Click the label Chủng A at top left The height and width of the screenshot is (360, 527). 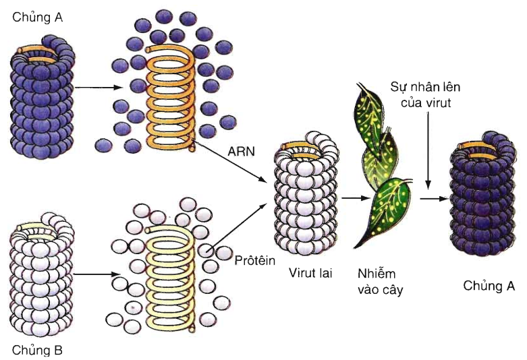point(37,18)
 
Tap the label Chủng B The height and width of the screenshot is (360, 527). point(37,350)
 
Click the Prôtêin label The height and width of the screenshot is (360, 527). point(255,259)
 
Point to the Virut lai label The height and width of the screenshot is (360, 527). point(310,274)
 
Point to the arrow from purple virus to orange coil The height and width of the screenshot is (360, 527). point(99,87)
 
